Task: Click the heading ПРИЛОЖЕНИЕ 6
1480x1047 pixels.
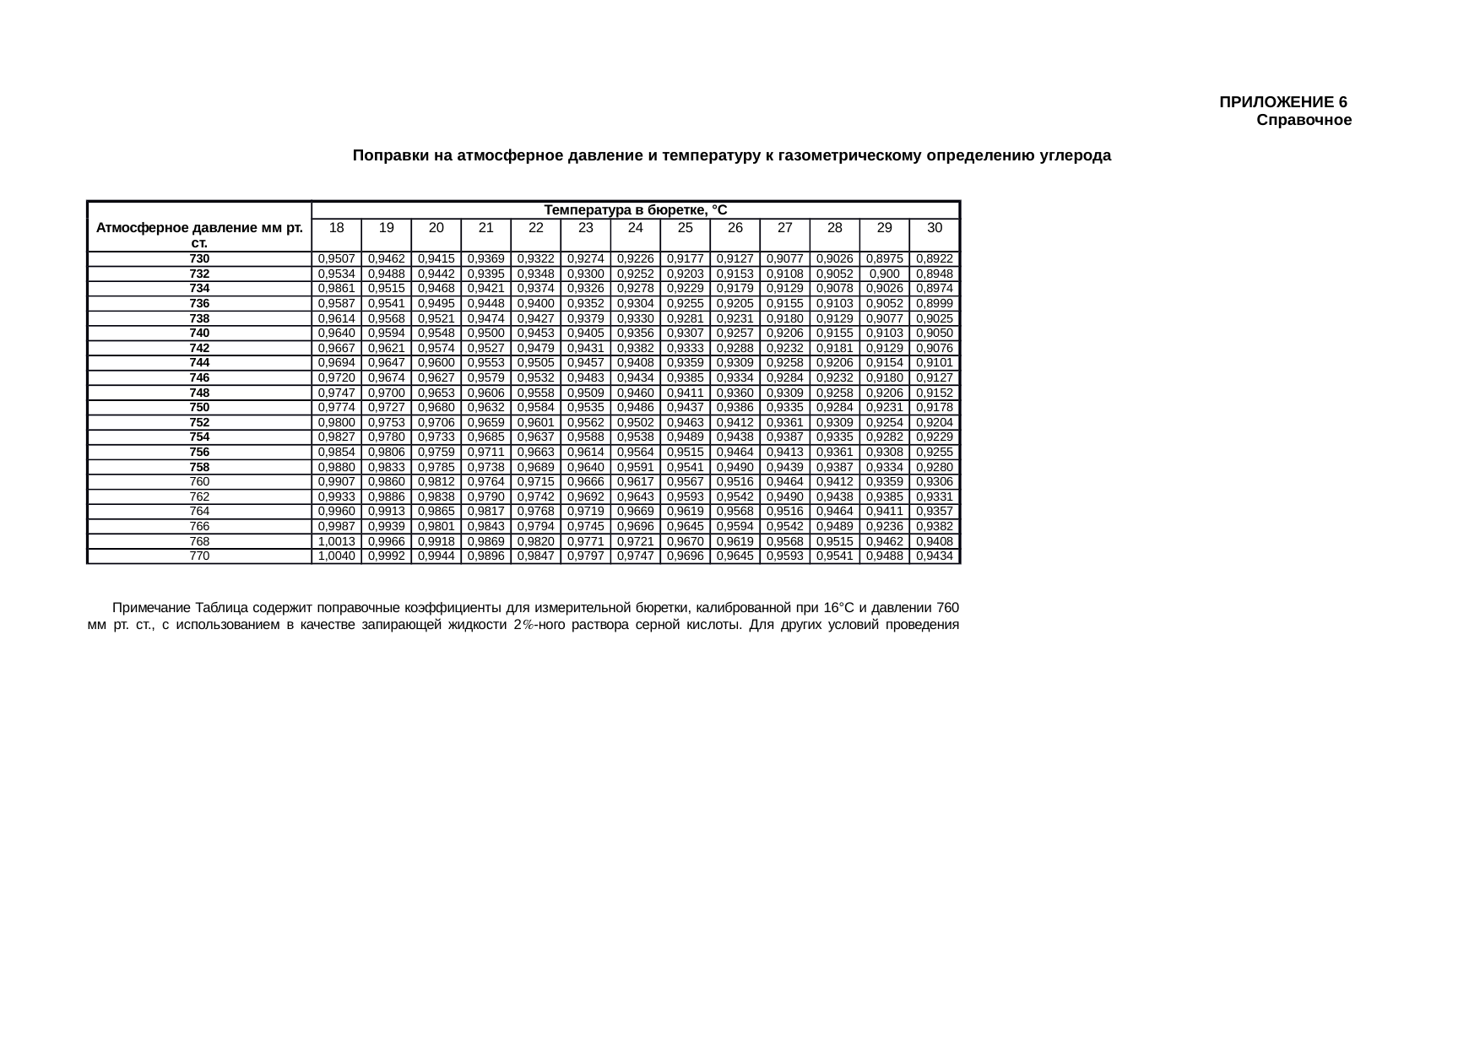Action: [x=1282, y=102]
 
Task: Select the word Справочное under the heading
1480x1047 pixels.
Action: [x=1304, y=121]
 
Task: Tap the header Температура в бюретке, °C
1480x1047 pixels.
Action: [x=635, y=209]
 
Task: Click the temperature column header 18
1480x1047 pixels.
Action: [x=336, y=228]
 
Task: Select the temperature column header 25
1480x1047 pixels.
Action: [x=685, y=228]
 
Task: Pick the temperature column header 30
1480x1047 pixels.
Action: [x=934, y=228]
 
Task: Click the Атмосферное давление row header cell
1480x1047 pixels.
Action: [x=199, y=235]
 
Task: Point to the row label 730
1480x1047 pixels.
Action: [x=199, y=259]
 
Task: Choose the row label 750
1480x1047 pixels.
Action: [x=199, y=408]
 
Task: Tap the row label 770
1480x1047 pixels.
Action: [x=199, y=556]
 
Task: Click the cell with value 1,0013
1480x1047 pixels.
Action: [x=336, y=541]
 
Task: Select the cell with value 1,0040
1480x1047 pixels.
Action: [x=336, y=556]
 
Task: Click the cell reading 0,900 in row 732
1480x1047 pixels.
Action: [x=884, y=274]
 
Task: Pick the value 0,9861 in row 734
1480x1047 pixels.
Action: [x=336, y=289]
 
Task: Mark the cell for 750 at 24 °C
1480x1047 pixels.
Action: [x=635, y=408]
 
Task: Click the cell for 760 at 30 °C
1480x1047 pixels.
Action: [x=934, y=482]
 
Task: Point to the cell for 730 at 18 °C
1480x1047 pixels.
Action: [x=336, y=259]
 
